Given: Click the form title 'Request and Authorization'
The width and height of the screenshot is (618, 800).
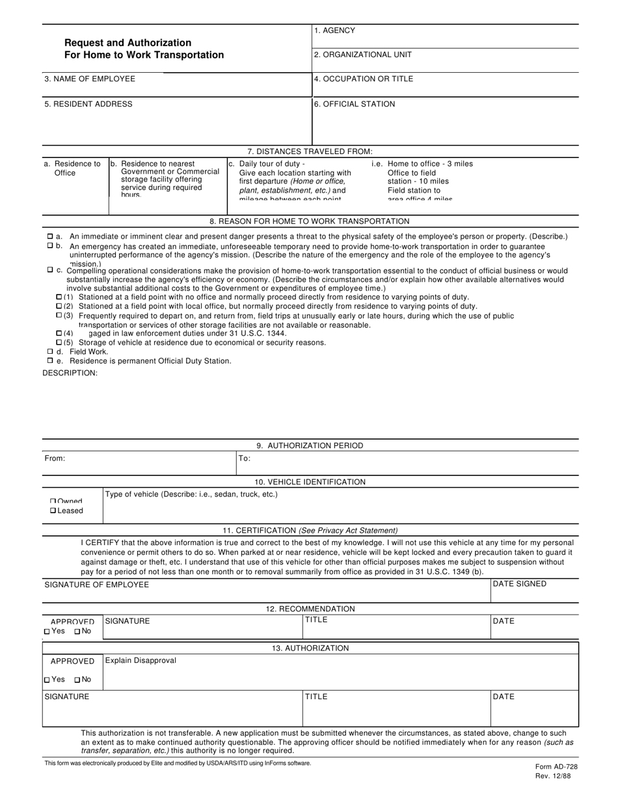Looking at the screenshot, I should pyautogui.click(x=128, y=43).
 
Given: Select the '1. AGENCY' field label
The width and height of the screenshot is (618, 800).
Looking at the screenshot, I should pyautogui.click(x=334, y=31).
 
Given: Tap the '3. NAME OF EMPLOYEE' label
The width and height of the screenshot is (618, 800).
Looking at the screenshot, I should pyautogui.click(x=90, y=79).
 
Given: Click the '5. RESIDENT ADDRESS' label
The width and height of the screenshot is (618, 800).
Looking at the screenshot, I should pyautogui.click(x=88, y=104).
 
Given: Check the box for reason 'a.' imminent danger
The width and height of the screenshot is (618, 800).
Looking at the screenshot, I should pyautogui.click(x=51, y=236).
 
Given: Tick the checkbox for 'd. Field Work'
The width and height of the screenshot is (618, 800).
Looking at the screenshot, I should pyautogui.click(x=51, y=351).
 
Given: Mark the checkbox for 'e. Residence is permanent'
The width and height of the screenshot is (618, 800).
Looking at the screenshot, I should pyautogui.click(x=51, y=360).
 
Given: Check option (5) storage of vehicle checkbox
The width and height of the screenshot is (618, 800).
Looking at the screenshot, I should pyautogui.click(x=59, y=342).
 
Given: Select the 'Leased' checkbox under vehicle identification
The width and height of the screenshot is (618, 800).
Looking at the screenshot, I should pyautogui.click(x=53, y=511).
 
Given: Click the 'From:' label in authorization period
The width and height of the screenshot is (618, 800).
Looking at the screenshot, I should pyautogui.click(x=55, y=459).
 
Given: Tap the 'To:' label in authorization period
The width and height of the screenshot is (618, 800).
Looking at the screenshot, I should pyautogui.click(x=244, y=459).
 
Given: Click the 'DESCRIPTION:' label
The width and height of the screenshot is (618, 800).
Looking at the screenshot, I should pyautogui.click(x=70, y=373).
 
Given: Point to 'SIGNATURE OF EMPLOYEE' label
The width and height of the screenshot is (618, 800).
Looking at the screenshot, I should pyautogui.click(x=96, y=585).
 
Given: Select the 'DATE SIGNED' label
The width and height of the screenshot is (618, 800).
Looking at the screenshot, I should pyautogui.click(x=519, y=584).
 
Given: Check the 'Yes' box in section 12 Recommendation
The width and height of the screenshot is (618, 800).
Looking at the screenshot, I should pyautogui.click(x=47, y=632).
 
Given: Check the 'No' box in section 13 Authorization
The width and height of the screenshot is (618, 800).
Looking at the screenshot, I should pyautogui.click(x=77, y=680).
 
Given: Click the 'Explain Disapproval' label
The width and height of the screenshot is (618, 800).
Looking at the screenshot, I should pyautogui.click(x=141, y=661).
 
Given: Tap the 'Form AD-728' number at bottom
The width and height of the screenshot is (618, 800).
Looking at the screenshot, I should pyautogui.click(x=556, y=767).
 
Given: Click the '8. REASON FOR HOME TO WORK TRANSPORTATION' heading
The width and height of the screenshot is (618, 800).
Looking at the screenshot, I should pyautogui.click(x=310, y=221).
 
